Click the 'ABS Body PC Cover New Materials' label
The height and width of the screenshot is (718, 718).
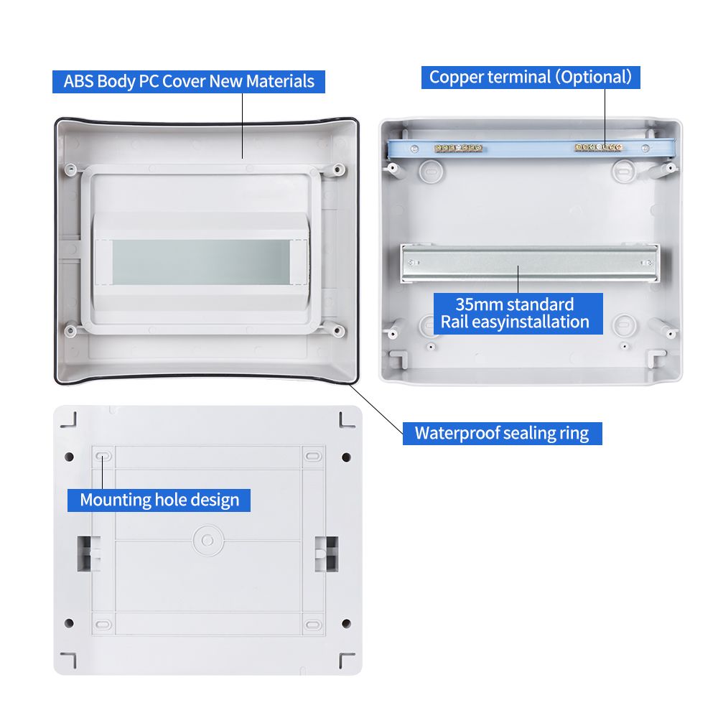click(x=189, y=82)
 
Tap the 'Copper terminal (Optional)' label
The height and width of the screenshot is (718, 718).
click(x=531, y=78)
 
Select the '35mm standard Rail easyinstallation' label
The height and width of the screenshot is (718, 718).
click(x=518, y=314)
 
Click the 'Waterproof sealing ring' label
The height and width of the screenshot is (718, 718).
click(x=503, y=433)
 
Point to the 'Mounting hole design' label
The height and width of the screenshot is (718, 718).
click(x=159, y=500)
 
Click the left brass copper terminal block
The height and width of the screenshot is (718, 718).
click(x=458, y=148)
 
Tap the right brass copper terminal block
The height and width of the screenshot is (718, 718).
click(x=599, y=147)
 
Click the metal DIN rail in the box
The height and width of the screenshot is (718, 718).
click(x=530, y=263)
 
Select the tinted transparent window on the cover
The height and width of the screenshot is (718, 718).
click(x=201, y=262)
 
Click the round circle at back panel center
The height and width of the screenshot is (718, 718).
click(x=208, y=541)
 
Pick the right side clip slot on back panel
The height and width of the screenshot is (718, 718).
click(x=327, y=554)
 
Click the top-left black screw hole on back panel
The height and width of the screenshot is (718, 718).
click(x=70, y=457)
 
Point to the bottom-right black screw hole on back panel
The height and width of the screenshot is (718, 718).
click(x=347, y=623)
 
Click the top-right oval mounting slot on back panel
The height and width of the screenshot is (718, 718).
click(x=313, y=456)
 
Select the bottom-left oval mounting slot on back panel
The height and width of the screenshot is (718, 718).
click(x=103, y=625)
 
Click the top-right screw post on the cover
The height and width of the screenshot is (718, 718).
click(x=338, y=170)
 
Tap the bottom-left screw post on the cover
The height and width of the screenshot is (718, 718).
click(x=70, y=330)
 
